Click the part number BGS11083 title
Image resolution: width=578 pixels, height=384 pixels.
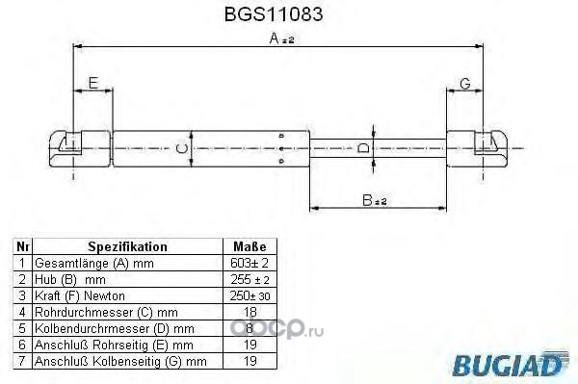tap(274, 14)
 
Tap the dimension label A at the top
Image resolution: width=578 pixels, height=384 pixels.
tap(282, 38)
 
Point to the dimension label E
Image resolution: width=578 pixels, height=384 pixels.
tap(93, 83)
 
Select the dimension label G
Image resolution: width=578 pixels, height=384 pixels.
tap(465, 84)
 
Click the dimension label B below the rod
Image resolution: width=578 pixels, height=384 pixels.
tap(375, 200)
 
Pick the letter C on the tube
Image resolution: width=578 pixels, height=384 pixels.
tap(181, 149)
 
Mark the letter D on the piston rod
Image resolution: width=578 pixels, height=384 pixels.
tap(363, 148)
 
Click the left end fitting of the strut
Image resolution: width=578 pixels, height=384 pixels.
tap(80, 149)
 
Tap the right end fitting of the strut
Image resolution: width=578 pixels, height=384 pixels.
tap(477, 149)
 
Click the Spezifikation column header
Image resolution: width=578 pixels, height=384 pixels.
tap(127, 246)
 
